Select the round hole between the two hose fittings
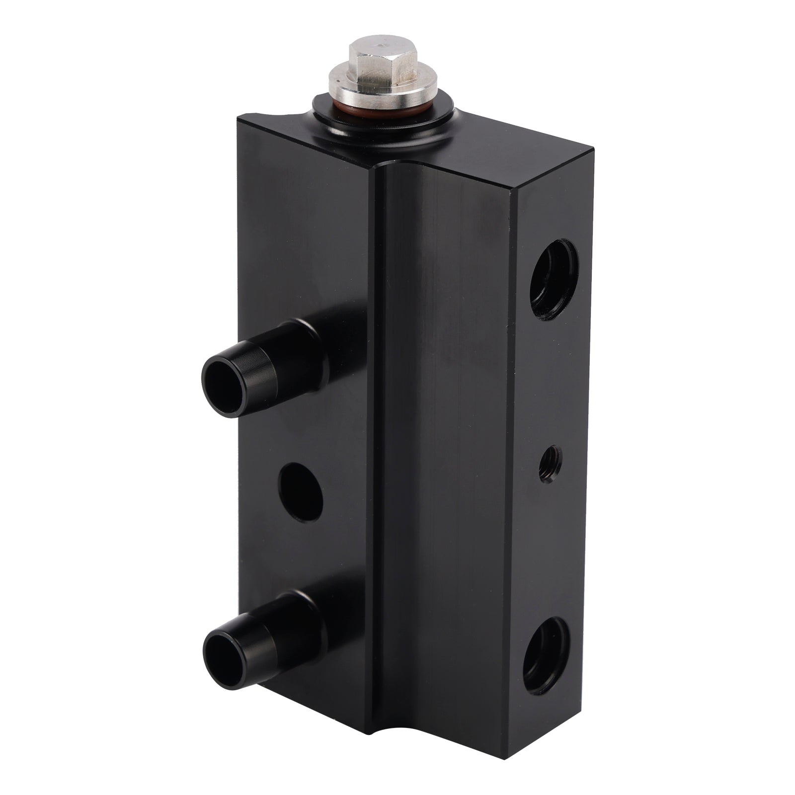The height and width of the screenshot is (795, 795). (301, 492)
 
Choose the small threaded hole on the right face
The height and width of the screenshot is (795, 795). (551, 462)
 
